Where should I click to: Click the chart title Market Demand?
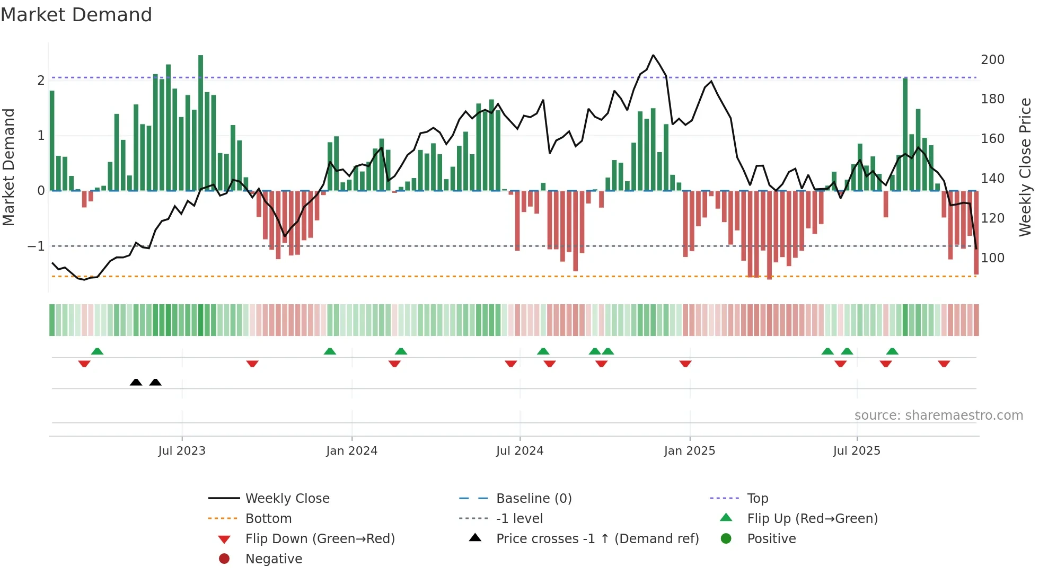[76, 15]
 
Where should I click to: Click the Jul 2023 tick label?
[182, 451]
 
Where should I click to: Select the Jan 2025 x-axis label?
[689, 451]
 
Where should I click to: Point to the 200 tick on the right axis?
[992, 60]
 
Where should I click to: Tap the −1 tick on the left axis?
[36, 246]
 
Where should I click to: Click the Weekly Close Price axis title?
[1025, 167]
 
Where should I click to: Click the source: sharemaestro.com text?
[938, 415]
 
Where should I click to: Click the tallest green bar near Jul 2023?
[201, 122]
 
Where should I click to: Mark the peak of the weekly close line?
[653, 55]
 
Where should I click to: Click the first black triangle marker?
[136, 382]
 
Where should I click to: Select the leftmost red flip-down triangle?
[84, 364]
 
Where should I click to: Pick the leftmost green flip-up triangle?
[97, 351]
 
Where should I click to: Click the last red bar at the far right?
[976, 233]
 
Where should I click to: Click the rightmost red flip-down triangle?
[944, 364]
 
